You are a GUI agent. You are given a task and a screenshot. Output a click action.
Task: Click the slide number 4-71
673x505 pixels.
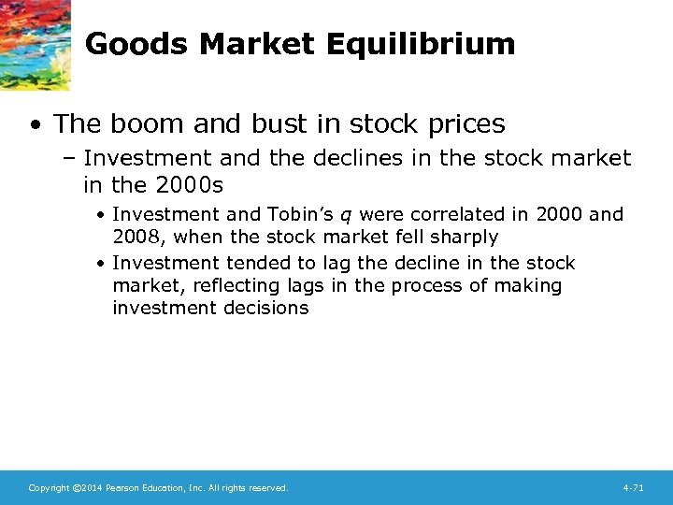pos(633,488)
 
